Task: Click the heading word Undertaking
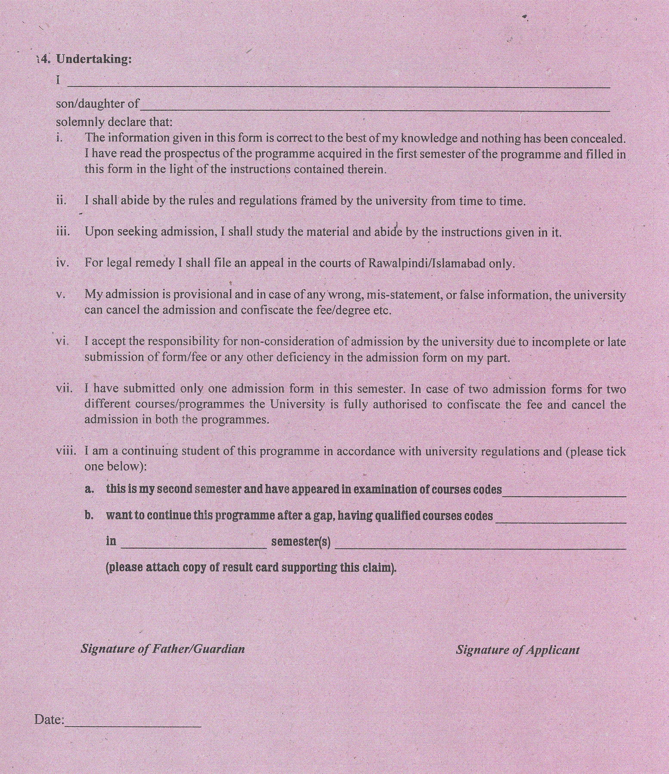coord(94,59)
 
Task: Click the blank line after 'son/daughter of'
coord(375,108)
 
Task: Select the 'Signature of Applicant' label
coord(517,650)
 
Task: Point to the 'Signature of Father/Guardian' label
coord(163,649)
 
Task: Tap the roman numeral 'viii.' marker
coord(66,451)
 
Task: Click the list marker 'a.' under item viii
coord(89,489)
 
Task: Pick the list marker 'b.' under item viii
coord(89,515)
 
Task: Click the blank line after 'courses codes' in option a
coord(564,494)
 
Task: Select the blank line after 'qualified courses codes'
coord(561,520)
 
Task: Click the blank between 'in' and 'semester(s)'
coord(194,545)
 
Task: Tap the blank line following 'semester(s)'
coord(480,546)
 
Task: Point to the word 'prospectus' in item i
coord(191,154)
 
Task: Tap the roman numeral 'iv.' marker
coord(62,263)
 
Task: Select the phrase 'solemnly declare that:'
coord(114,122)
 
